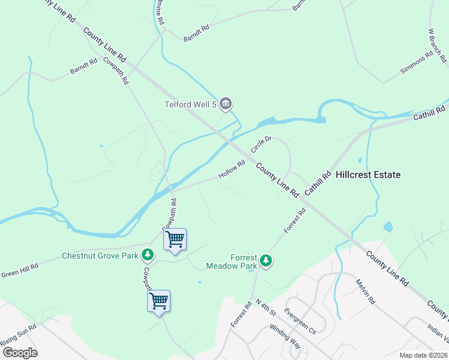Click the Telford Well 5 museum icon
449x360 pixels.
pyautogui.click(x=226, y=104)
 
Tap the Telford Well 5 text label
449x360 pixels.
pyautogui.click(x=190, y=104)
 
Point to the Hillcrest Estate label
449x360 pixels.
pyautogui.click(x=368, y=175)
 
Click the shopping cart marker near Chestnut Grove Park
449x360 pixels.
pyautogui.click(x=175, y=239)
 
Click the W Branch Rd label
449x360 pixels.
pyautogui.click(x=438, y=45)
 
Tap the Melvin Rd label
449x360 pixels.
pyautogui.click(x=364, y=291)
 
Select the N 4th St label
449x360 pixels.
pyautogui.click(x=265, y=306)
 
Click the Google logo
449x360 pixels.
pyautogui.click(x=19, y=352)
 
